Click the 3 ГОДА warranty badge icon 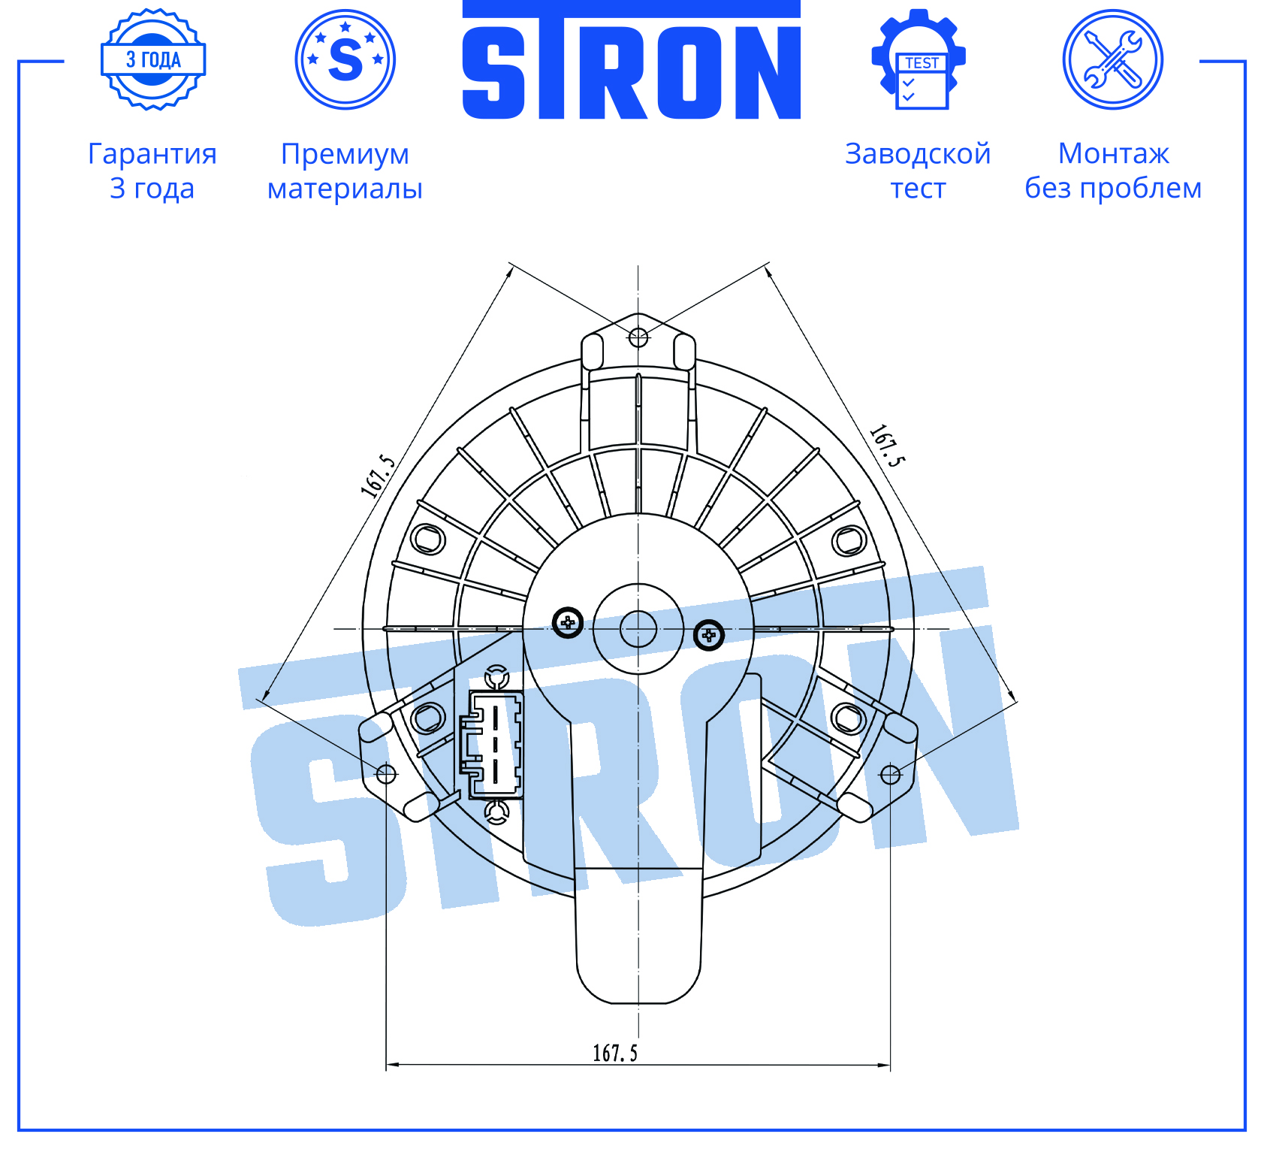153,59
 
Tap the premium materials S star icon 345,59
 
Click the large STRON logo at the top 632,60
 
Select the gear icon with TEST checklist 919,59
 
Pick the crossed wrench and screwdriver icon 1113,59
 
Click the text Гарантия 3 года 152,171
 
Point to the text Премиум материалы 345,171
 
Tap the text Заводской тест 918,171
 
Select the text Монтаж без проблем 1113,171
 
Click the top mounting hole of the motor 638,337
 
